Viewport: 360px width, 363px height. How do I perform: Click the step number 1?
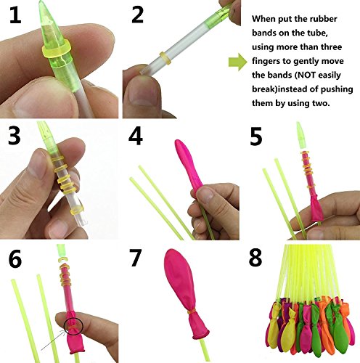tap(15, 15)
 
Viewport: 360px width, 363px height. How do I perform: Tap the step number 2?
tap(137, 15)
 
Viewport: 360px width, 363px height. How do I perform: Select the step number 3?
tap(15, 136)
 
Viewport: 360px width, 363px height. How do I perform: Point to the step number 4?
tap(136, 136)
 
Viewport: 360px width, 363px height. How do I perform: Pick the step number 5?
tap(256, 137)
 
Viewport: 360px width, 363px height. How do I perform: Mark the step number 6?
tap(15, 259)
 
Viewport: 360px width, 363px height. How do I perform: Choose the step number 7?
tap(135, 258)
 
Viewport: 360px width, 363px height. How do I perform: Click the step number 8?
tap(255, 258)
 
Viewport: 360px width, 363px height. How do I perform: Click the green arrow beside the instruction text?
tap(238, 62)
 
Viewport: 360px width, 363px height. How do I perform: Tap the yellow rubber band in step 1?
tap(56, 51)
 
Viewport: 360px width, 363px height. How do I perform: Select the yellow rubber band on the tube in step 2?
tap(165, 58)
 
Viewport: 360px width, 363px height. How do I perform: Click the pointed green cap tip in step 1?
tap(41, 2)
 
